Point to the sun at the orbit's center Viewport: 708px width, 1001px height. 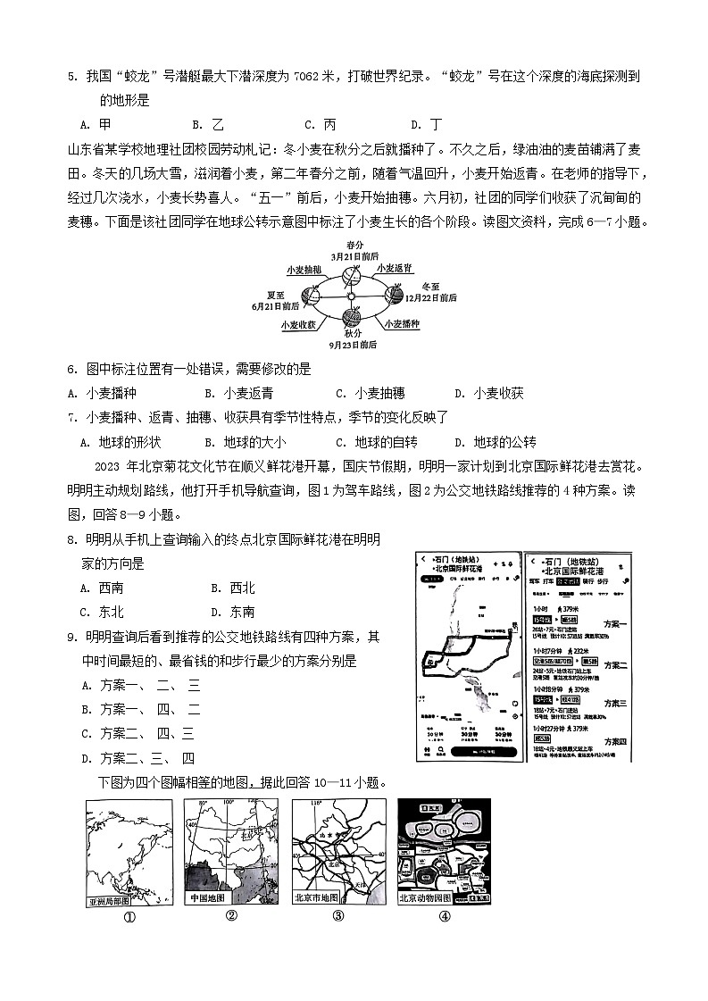pyautogui.click(x=351, y=296)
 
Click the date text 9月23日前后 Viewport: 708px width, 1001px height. pyautogui.click(x=352, y=344)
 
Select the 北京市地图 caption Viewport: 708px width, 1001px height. pyautogui.click(x=318, y=897)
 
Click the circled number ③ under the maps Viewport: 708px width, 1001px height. pyautogui.click(x=338, y=915)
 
